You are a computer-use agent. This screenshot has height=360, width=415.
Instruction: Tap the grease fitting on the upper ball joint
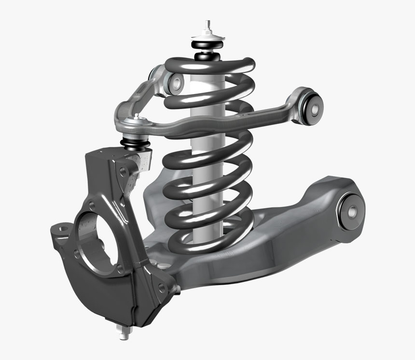coord(137,116)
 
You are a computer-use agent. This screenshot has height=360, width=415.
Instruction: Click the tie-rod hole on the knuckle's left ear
coord(60,226)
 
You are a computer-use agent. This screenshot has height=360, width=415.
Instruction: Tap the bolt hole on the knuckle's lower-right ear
coord(161,288)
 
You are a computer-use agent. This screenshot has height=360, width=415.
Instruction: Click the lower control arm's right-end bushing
coord(351,210)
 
